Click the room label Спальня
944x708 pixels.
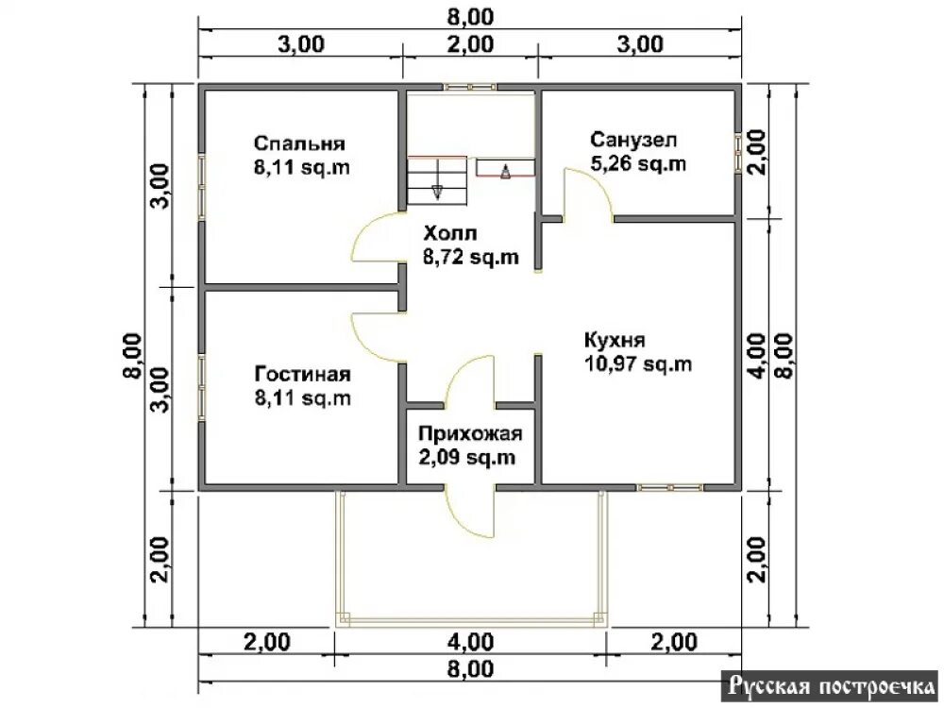pyautogui.click(x=299, y=143)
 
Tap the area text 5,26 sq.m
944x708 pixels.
pyautogui.click(x=638, y=163)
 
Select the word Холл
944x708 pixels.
pyautogui.click(x=449, y=233)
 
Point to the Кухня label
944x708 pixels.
pyautogui.click(x=615, y=340)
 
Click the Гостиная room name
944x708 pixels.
pyautogui.click(x=302, y=374)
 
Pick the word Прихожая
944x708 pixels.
pyautogui.click(x=470, y=433)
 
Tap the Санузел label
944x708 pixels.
pyautogui.click(x=633, y=140)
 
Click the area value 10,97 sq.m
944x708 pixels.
pyautogui.click(x=638, y=364)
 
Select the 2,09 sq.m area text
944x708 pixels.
pyautogui.click(x=467, y=458)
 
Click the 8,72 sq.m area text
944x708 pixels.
pyautogui.click(x=471, y=257)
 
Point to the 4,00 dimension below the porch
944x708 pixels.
pyautogui.click(x=470, y=642)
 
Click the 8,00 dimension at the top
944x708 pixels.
pyautogui.click(x=470, y=17)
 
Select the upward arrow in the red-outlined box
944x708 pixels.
pyautogui.click(x=505, y=171)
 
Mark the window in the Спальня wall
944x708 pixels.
pyautogui.click(x=202, y=187)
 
